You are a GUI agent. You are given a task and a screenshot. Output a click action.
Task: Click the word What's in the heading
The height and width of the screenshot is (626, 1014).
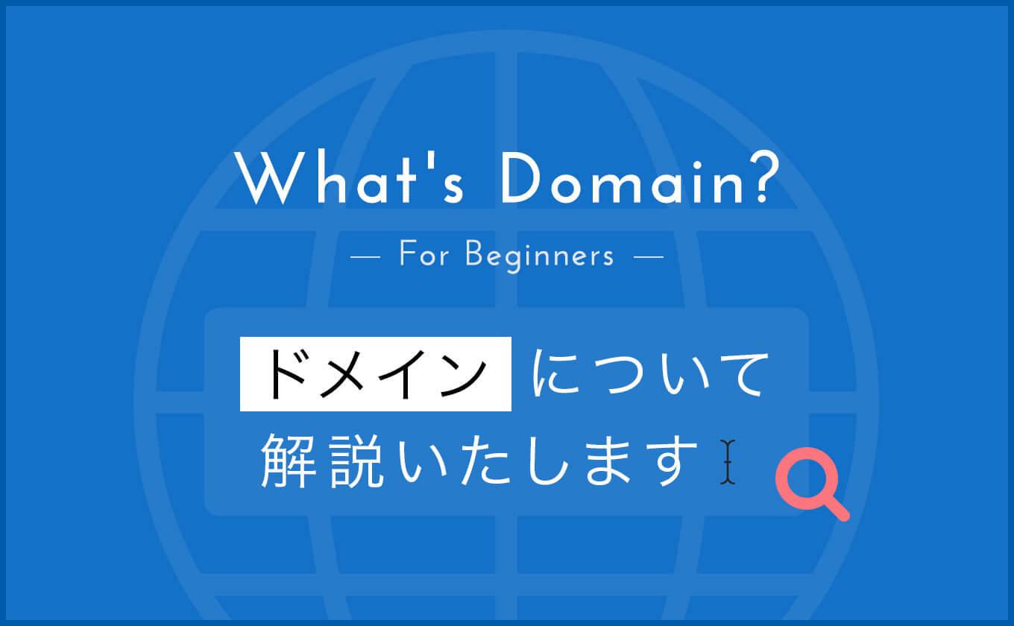[350, 178]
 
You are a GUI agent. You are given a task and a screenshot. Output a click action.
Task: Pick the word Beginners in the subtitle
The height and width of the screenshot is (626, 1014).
[540, 256]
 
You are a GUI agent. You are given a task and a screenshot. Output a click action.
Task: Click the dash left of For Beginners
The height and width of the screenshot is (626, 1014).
[365, 257]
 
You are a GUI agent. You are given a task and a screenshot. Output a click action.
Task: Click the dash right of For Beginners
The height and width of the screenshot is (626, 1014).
[649, 257]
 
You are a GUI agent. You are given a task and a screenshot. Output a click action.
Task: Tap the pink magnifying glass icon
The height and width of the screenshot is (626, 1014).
[811, 484]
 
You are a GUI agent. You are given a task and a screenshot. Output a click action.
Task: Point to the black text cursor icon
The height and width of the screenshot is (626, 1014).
[728, 462]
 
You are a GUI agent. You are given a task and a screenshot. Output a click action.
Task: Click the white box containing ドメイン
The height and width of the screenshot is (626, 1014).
[376, 374]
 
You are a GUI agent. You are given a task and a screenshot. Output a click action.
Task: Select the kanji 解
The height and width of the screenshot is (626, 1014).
[289, 461]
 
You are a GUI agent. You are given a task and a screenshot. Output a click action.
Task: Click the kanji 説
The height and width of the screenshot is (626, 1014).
[356, 461]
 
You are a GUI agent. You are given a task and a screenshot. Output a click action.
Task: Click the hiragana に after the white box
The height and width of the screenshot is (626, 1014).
[555, 373]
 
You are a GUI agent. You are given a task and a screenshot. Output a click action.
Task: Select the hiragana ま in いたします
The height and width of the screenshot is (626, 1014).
[608, 461]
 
